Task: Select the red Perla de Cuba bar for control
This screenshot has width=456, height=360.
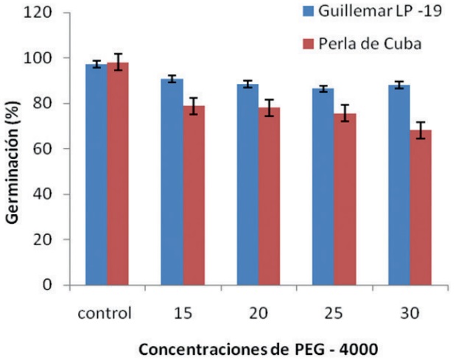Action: pos(118,174)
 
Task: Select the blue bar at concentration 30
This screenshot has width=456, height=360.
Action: pos(399,185)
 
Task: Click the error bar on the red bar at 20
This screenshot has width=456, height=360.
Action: pos(270,107)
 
